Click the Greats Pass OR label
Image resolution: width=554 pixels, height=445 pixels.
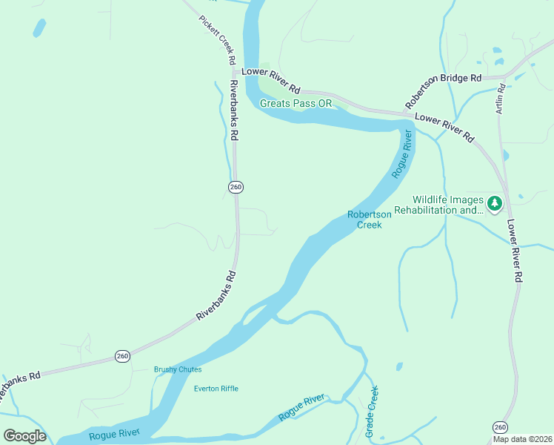click(296, 103)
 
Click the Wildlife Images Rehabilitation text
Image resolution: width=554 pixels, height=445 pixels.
click(448, 205)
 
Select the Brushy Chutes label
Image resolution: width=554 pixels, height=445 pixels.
click(178, 369)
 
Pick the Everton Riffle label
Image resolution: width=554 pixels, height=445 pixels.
click(216, 389)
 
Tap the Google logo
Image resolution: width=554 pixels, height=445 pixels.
click(24, 436)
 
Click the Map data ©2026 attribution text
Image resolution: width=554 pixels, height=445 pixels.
click(522, 439)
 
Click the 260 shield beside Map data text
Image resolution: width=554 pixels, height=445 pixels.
click(501, 426)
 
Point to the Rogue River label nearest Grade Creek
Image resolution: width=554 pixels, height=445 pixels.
click(301, 408)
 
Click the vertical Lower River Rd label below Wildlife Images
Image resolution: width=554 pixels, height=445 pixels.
click(515, 250)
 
